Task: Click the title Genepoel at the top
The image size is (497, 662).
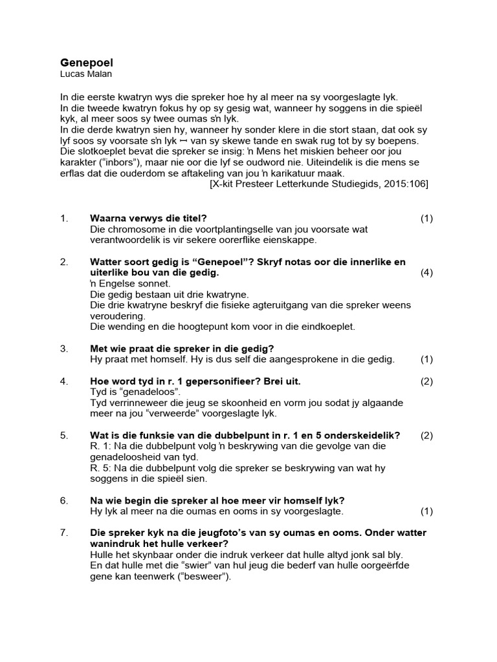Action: (86, 63)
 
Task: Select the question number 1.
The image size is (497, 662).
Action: (64, 219)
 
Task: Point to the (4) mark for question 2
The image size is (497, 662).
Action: (426, 272)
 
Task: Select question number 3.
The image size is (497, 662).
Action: (64, 348)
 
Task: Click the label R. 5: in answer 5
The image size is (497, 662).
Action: (102, 468)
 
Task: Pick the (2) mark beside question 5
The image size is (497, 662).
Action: (426, 435)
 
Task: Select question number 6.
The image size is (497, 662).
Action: (64, 500)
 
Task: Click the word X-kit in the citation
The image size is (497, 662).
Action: (227, 184)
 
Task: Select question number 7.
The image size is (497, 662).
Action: (64, 533)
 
